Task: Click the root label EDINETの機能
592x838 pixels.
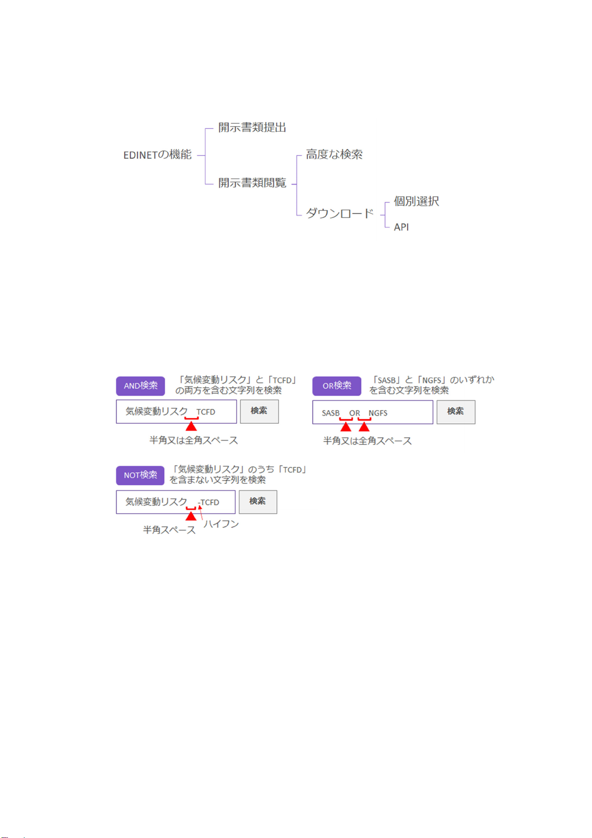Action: click(157, 155)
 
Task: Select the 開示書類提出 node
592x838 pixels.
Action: click(252, 128)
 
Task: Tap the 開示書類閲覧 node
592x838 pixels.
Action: click(252, 183)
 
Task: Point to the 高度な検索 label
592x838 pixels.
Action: click(334, 155)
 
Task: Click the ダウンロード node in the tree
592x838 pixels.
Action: click(339, 214)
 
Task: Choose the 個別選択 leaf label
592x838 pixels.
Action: click(416, 201)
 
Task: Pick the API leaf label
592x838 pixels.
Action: click(401, 227)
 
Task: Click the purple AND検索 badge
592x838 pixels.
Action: click(140, 386)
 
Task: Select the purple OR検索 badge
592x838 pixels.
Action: click(337, 386)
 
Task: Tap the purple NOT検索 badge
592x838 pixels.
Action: click(140, 475)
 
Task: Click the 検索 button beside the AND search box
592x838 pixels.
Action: click(259, 411)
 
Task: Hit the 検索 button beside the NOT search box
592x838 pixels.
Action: click(257, 502)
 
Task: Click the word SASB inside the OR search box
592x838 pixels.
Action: click(331, 413)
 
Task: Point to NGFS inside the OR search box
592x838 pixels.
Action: click(378, 413)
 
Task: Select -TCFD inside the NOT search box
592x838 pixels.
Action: click(209, 503)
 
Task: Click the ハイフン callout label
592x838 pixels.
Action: click(221, 524)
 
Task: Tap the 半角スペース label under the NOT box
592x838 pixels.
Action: click(169, 530)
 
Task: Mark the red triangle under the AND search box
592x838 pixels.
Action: click(191, 426)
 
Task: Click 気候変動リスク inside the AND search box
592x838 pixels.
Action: click(156, 412)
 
